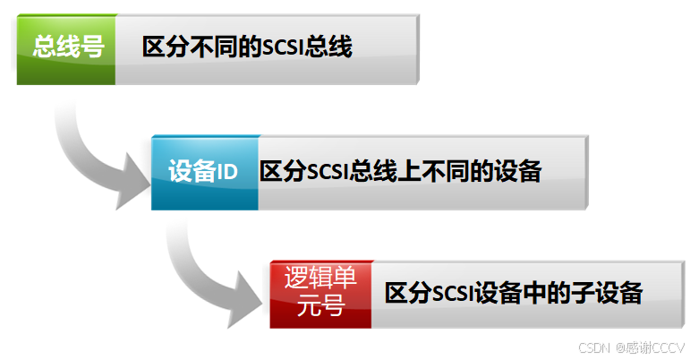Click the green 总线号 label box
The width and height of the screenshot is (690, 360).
coord(66,48)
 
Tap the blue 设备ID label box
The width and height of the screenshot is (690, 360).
coord(204,172)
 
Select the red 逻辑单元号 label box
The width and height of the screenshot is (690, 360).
coord(321,292)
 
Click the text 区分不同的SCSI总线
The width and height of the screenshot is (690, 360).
coord(247,48)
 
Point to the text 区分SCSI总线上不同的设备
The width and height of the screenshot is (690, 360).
coord(401,172)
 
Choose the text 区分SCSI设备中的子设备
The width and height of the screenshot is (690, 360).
coord(514,293)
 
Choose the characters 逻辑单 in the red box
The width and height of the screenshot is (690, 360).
coord(321,279)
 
